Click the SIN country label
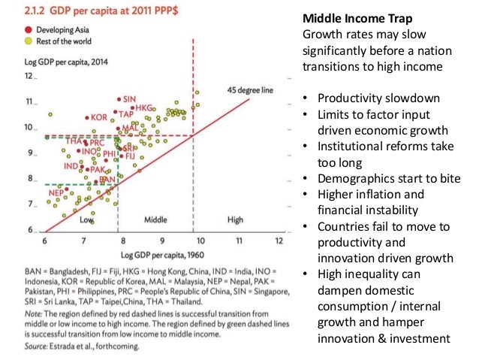129,99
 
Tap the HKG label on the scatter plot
144,108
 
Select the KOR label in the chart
98,117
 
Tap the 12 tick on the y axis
30,77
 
